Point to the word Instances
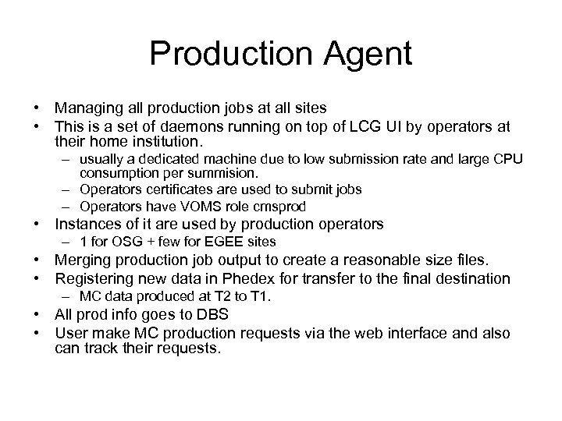(86, 225)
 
